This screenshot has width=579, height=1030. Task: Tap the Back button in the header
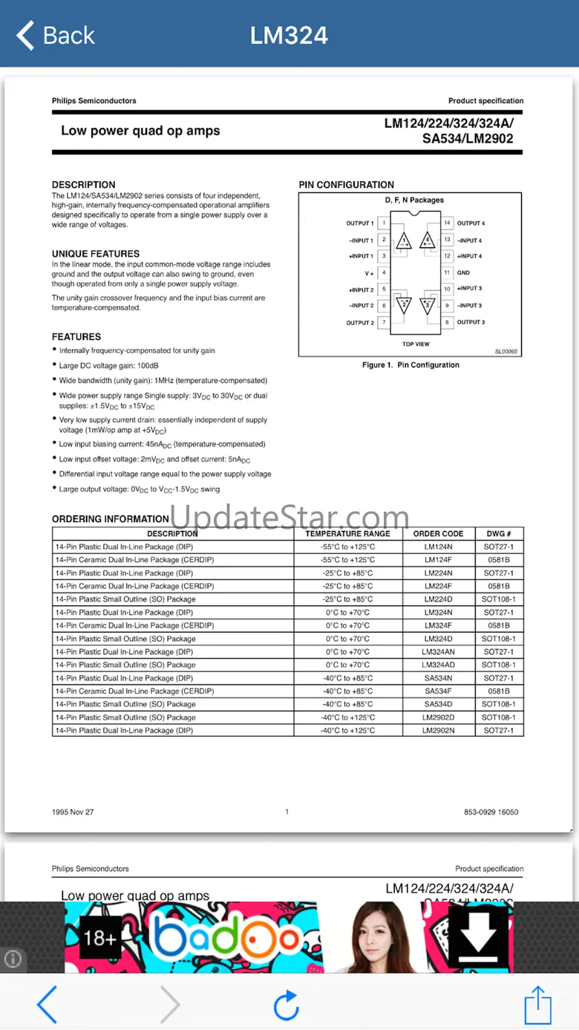(x=56, y=35)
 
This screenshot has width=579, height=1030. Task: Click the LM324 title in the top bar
(x=289, y=35)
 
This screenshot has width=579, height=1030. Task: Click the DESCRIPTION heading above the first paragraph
(x=84, y=185)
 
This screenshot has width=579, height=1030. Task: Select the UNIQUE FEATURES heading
(x=96, y=254)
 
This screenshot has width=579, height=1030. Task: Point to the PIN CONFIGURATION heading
(x=347, y=185)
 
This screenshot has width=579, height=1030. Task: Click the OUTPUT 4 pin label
(x=471, y=223)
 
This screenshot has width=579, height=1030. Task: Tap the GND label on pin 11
(x=463, y=273)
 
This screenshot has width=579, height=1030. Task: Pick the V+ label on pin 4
(x=369, y=273)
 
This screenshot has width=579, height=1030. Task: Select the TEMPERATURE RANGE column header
(x=347, y=534)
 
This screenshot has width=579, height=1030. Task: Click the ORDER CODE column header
(x=438, y=534)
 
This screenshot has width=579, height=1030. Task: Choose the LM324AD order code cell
(x=438, y=665)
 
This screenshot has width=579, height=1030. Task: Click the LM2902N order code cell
(x=438, y=731)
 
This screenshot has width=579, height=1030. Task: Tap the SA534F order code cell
(x=438, y=691)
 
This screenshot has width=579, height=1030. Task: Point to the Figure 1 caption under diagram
(x=410, y=365)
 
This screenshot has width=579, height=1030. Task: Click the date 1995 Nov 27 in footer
(x=73, y=812)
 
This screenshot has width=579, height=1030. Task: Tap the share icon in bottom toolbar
(x=537, y=1005)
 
